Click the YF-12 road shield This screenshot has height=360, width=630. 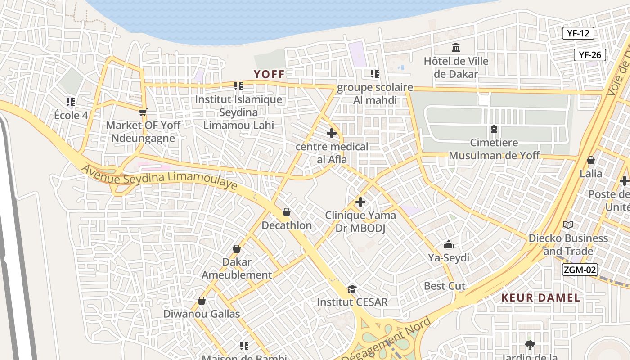point(578,33)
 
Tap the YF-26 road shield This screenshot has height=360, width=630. point(590,55)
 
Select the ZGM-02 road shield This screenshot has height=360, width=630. point(580,270)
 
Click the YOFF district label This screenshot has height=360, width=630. point(269,74)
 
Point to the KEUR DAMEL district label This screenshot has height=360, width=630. point(540,297)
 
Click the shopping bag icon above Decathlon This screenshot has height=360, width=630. point(287,212)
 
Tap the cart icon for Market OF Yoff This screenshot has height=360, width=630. point(143,112)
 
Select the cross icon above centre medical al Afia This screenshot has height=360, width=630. point(332,133)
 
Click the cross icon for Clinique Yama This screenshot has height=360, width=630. point(360,202)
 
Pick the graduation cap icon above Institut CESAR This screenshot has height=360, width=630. point(352,288)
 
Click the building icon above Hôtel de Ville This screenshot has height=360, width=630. point(456,47)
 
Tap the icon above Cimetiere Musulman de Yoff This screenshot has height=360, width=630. point(494,130)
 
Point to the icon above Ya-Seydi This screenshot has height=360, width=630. point(449,244)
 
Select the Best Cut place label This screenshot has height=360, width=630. point(445,286)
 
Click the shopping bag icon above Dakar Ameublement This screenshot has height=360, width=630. point(237,249)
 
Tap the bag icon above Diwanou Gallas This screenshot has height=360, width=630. point(202,301)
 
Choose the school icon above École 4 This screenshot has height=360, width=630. point(71,102)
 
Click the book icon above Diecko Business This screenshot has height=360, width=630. point(568,225)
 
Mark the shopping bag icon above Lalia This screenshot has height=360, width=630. point(591,160)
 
